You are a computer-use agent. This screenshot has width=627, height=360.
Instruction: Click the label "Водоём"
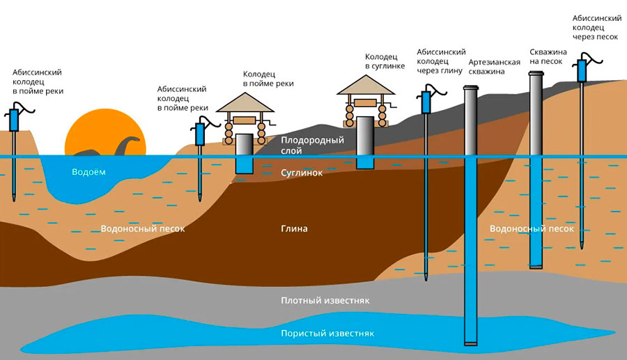tap(88, 172)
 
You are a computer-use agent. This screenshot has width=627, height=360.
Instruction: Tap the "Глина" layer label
tap(294, 228)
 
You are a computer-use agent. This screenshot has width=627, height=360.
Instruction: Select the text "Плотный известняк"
tap(325, 301)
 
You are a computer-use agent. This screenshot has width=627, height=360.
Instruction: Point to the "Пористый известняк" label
tap(327, 334)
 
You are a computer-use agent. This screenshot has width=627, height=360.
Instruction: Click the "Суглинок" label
tap(302, 173)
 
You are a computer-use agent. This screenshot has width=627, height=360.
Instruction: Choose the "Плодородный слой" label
tap(312, 146)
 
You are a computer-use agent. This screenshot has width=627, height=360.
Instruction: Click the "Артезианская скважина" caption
tap(494, 67)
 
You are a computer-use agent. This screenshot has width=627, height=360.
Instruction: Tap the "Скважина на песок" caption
tap(548, 56)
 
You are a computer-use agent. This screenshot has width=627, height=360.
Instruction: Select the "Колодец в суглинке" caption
tap(385, 61)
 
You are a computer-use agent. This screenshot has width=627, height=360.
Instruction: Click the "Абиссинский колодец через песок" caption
tap(596, 28)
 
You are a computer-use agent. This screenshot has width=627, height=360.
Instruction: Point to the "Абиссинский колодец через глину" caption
tap(441, 61)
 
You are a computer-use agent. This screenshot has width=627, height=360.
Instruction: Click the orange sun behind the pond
tap(105, 128)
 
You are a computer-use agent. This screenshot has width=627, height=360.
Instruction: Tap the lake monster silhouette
tap(113, 147)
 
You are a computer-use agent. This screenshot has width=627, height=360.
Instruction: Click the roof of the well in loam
tap(366, 85)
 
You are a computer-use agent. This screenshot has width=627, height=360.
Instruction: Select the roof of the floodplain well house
tap(245, 102)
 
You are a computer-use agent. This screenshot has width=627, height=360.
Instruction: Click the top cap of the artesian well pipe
tap(471, 88)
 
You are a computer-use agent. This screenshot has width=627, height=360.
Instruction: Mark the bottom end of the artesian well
tap(471, 343)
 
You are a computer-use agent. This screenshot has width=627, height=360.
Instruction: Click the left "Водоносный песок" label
tap(143, 229)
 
